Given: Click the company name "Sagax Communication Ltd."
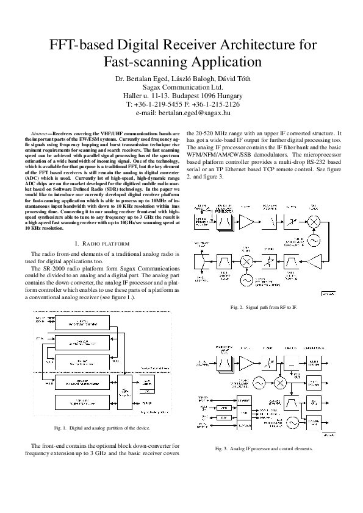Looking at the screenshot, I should point(182,87).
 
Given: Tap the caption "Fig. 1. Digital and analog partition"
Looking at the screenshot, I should point(102,427).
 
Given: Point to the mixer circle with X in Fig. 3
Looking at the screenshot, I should point(281,382).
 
